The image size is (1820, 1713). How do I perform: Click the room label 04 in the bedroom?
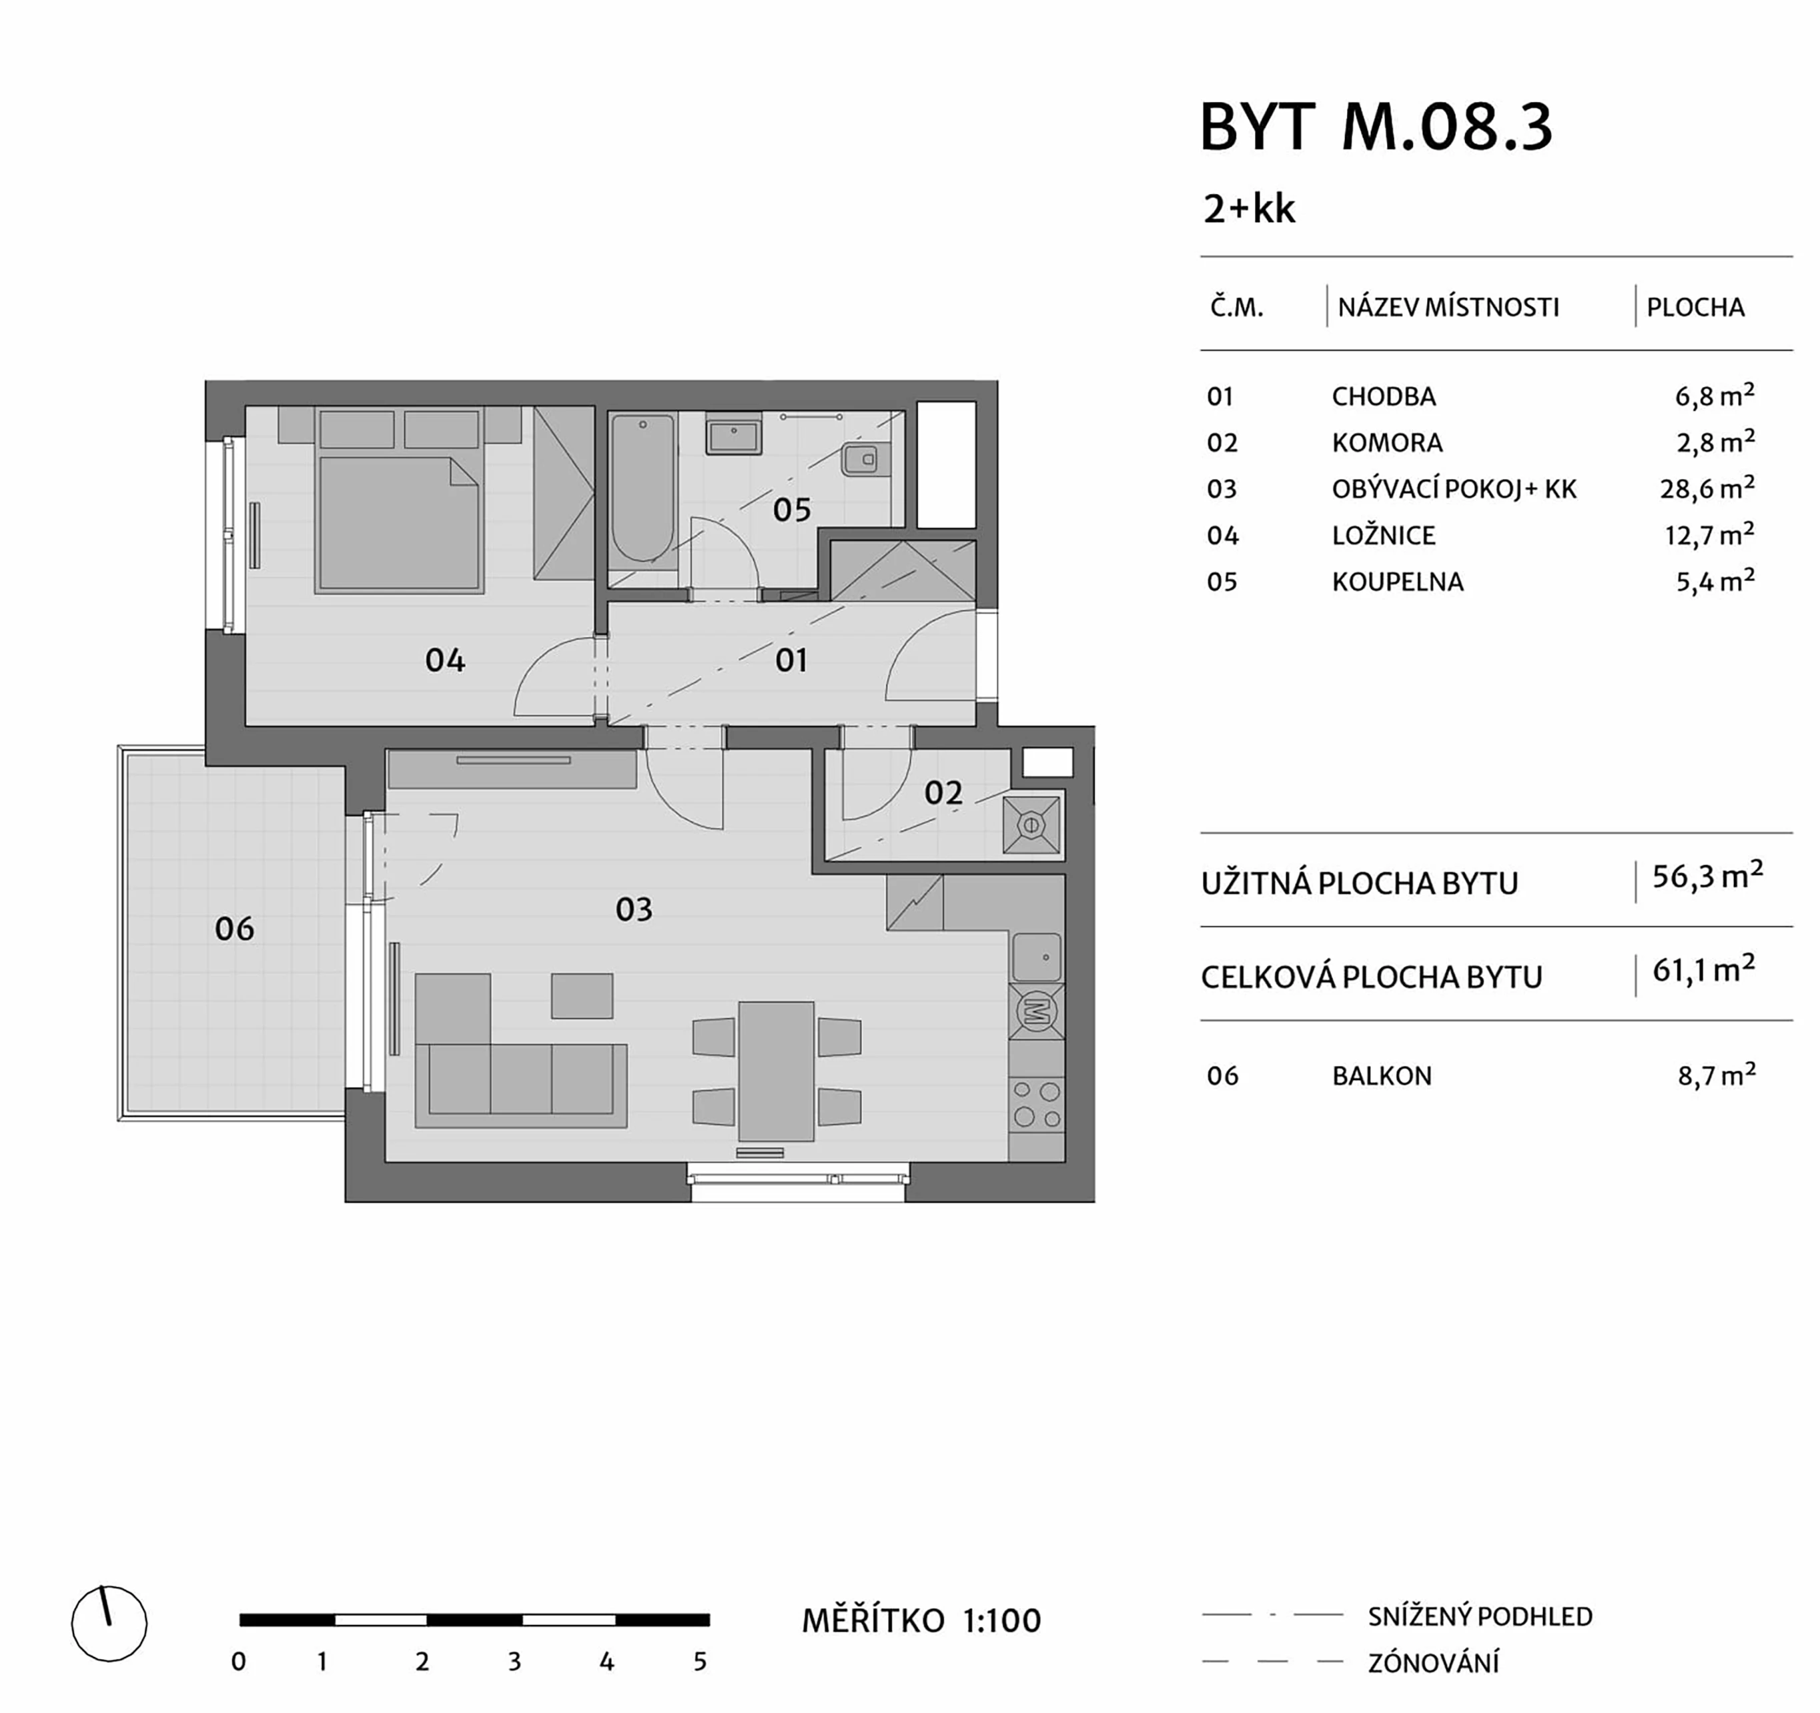point(445,660)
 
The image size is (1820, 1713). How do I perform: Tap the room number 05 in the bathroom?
point(791,510)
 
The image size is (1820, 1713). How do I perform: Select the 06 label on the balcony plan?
point(234,929)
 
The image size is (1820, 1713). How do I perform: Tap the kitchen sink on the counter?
point(1037,957)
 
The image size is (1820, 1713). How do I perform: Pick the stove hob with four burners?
point(1037,1104)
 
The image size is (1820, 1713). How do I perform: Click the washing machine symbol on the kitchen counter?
point(1037,1012)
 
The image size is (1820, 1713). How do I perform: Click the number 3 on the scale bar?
point(514,1662)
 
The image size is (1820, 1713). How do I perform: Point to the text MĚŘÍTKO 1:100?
point(921,1620)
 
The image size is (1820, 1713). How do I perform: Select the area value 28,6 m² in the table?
point(1707,488)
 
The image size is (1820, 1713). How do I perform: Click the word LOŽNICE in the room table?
point(1383,536)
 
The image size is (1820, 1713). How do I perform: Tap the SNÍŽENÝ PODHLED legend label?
point(1480,1616)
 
